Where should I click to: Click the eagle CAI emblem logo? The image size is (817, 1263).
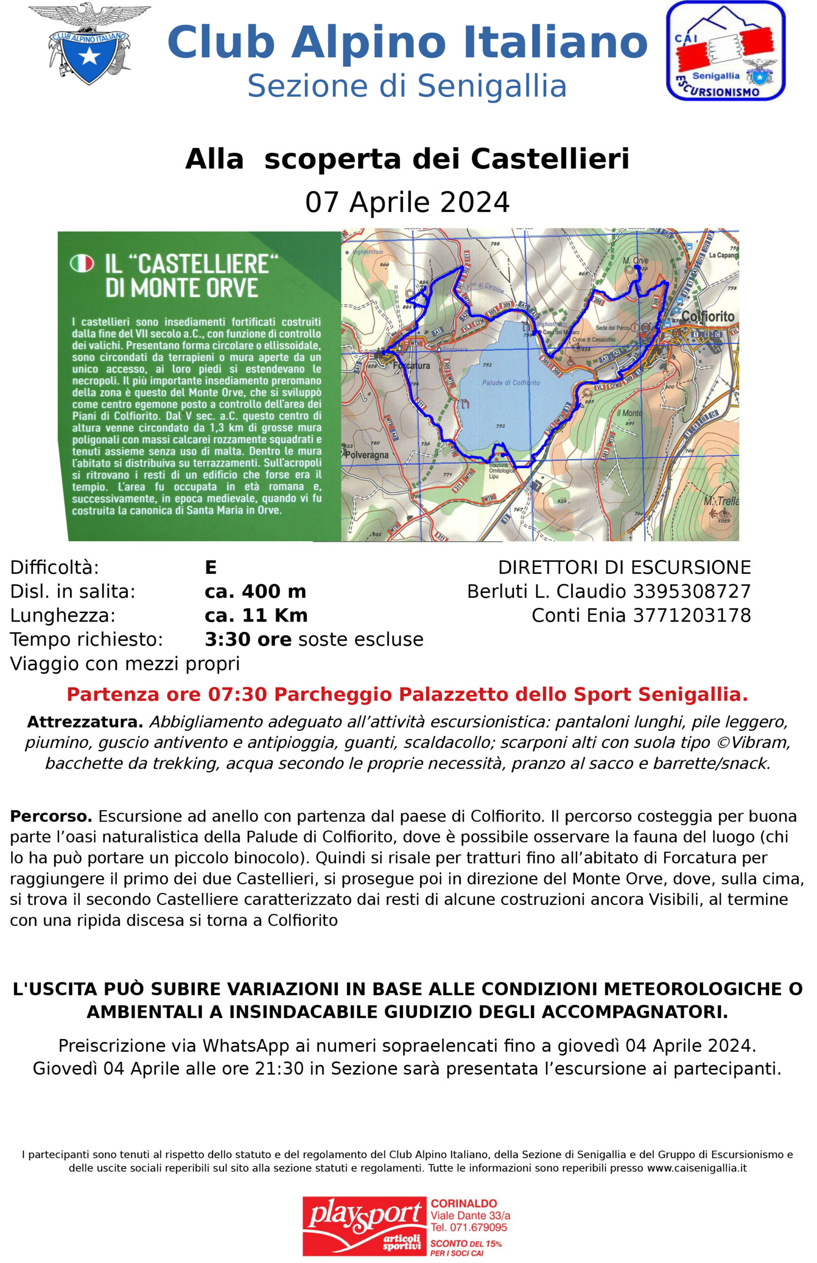tap(89, 43)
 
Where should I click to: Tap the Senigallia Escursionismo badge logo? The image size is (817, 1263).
tap(725, 51)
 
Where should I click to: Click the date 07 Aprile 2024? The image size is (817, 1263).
tap(408, 202)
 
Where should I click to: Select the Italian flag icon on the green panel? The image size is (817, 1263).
tap(82, 263)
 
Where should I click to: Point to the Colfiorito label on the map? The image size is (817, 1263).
tap(707, 317)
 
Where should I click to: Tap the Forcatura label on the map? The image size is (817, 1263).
tap(412, 366)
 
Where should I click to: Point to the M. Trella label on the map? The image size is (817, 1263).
tap(720, 501)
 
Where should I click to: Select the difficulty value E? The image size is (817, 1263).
tap(211, 567)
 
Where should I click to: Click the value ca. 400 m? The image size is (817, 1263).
tap(255, 592)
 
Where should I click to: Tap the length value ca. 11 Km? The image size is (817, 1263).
tap(256, 615)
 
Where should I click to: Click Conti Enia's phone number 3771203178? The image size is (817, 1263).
tap(692, 615)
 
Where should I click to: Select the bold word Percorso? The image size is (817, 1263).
tap(51, 816)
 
